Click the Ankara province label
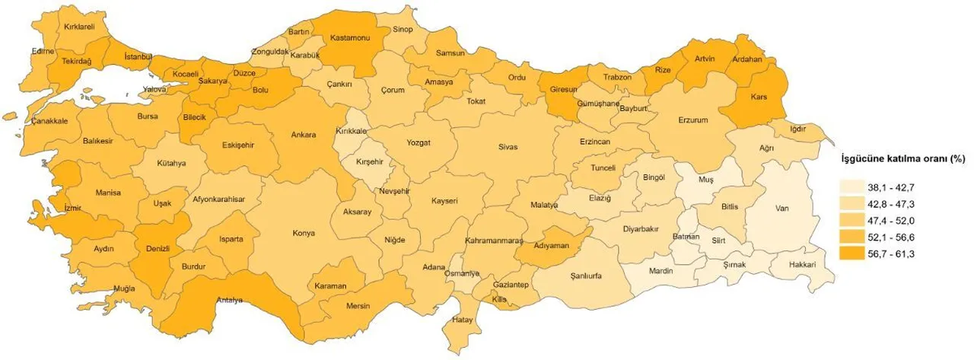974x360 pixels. point(304,135)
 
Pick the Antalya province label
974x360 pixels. point(228,300)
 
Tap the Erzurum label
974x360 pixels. point(693,120)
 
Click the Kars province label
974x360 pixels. point(759,97)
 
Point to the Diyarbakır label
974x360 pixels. point(641,228)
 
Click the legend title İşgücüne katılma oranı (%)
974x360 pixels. point(901,159)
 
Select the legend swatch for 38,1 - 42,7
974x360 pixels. point(855,186)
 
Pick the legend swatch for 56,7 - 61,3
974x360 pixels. point(855,253)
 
